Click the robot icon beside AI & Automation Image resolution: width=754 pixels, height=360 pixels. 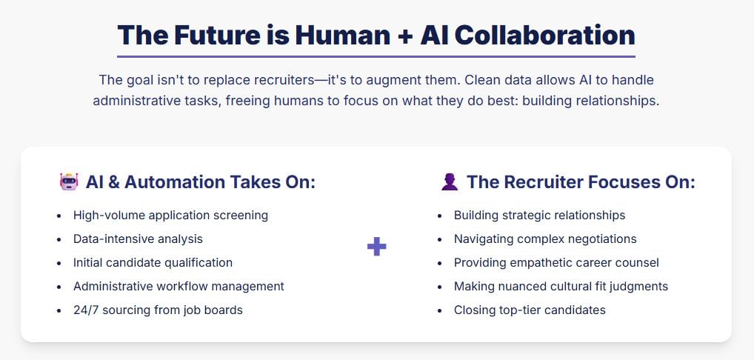[69, 181]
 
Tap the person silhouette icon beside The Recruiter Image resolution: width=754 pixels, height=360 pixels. [450, 182]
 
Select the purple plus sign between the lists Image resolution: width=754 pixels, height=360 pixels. [376, 247]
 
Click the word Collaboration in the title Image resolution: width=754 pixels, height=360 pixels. [544, 35]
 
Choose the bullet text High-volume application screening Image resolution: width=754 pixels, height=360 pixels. [170, 215]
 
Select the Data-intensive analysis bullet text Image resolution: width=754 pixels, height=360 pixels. [138, 239]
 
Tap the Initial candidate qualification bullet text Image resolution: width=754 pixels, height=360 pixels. [153, 262]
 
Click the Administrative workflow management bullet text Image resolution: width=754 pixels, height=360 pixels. [179, 286]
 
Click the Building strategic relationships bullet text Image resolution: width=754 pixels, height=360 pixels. [539, 215]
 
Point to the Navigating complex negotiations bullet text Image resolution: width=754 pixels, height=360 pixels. [545, 239]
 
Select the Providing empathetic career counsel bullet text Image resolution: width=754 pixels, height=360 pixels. [556, 262]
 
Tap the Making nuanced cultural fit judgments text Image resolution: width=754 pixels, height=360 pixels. [561, 286]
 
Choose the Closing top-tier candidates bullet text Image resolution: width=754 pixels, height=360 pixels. [530, 310]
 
